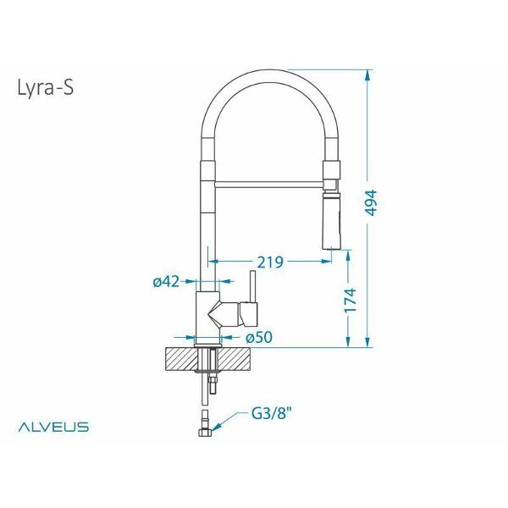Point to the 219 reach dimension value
tap(269, 262)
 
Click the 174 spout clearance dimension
tap(349, 303)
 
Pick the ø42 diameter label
tap(165, 282)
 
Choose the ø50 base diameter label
tap(258, 337)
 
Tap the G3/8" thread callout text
tap(272, 415)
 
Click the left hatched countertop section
tap(179, 360)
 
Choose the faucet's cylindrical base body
tap(208, 317)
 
